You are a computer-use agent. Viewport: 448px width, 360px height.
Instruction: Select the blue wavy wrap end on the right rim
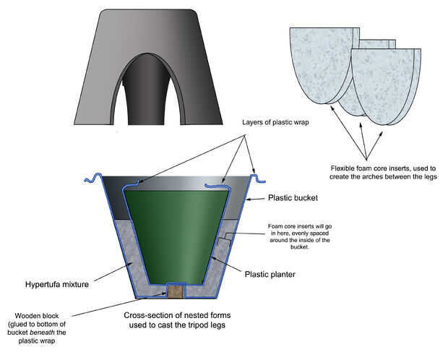(254, 176)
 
